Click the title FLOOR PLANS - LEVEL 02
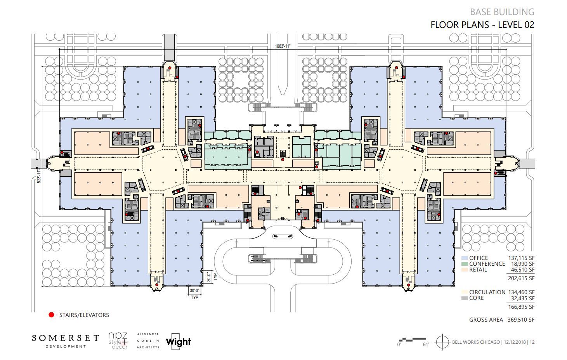[482, 25]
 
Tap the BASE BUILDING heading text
[502, 12]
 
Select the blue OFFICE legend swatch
[464, 258]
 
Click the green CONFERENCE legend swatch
[464, 264]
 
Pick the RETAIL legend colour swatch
[464, 270]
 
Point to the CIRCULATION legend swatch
[464, 292]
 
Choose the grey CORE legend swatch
[464, 298]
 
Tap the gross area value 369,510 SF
[521, 320]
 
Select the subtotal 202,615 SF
[521, 278]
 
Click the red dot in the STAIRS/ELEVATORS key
[51, 315]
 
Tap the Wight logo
[179, 342]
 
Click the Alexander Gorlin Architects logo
[148, 341]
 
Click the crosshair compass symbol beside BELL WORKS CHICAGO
[442, 342]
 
